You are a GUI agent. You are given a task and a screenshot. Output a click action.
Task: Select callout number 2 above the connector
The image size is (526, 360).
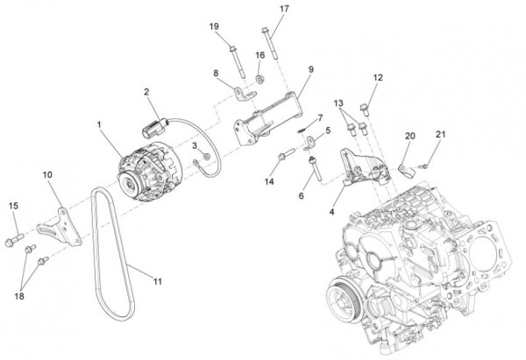tap(147, 91)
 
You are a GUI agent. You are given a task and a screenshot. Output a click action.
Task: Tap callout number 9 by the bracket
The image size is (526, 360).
tap(310, 69)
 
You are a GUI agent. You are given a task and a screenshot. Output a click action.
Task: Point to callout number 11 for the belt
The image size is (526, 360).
tap(159, 281)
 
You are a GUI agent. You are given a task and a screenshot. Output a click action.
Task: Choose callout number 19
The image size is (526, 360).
tap(214, 26)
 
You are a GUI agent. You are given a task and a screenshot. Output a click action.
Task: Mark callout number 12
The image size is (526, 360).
tap(377, 79)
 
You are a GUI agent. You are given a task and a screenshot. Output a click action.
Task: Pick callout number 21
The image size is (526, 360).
tap(440, 134)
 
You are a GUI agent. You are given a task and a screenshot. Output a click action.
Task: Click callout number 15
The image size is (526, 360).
tap(13, 206)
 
